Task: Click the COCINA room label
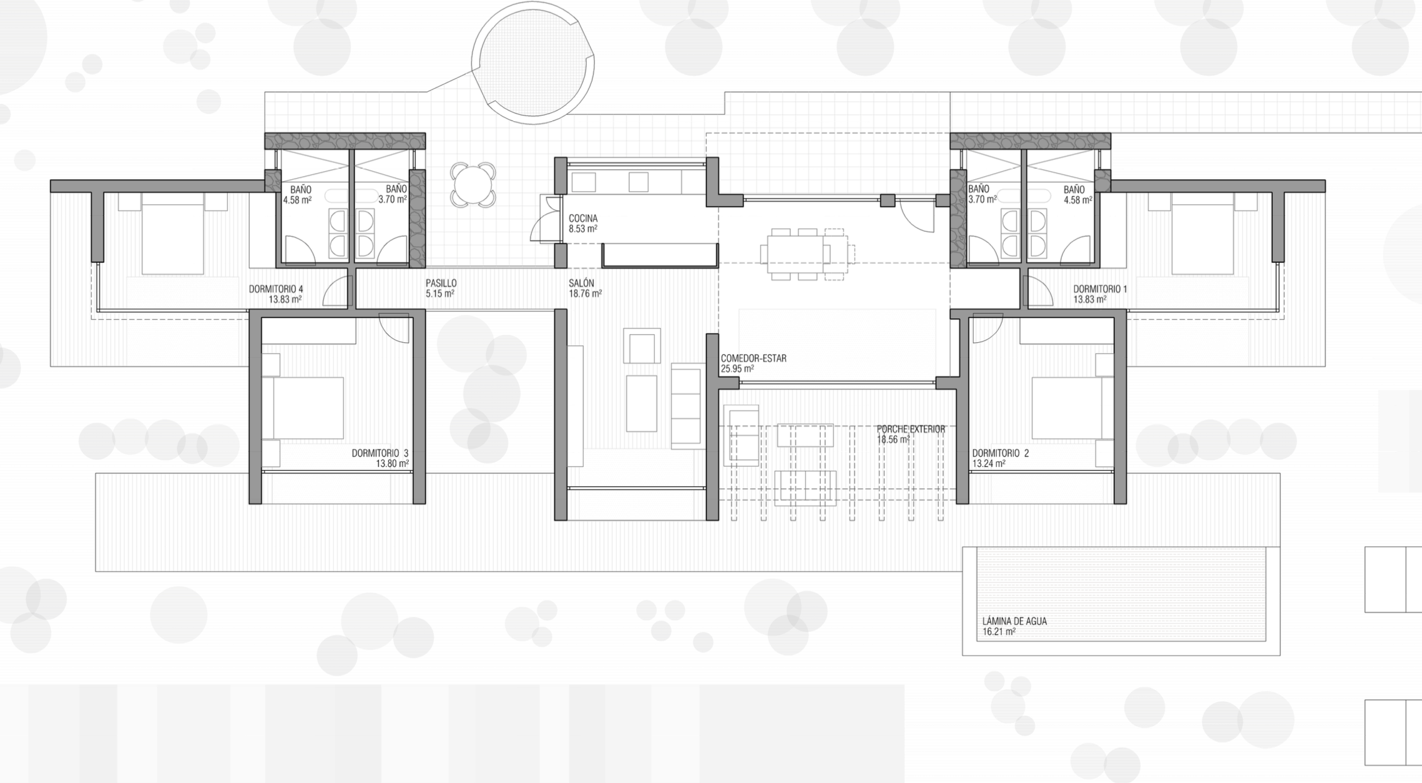[x=583, y=219]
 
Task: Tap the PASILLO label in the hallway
[x=441, y=283]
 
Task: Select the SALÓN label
[x=581, y=283]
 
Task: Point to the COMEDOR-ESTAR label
[x=753, y=358]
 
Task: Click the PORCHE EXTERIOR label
[x=911, y=430]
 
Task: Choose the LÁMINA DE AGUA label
[x=1014, y=621]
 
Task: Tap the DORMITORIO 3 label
[x=380, y=453]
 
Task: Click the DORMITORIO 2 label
[x=1000, y=453]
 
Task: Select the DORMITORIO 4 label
[x=276, y=289]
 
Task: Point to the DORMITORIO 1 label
[x=1101, y=289]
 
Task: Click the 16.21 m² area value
[x=999, y=632]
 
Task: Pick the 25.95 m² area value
[x=737, y=369]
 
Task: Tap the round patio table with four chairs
[x=473, y=185]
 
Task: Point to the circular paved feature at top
[x=533, y=63]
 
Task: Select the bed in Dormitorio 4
[x=173, y=233]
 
